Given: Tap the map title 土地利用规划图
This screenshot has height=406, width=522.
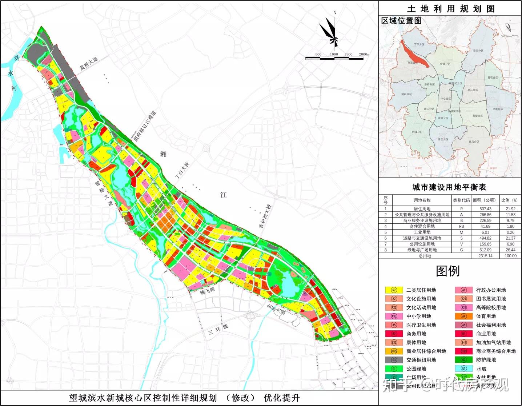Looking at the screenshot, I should coord(450,8).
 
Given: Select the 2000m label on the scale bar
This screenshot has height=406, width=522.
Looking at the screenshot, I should coord(364,54).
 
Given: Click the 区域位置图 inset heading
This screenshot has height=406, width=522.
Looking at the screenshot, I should coord(401,21).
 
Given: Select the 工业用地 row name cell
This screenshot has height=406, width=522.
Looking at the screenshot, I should coord(422,232).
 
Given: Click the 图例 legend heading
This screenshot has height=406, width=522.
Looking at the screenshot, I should coord(448,271).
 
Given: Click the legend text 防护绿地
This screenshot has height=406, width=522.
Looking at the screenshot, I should coord(486,360).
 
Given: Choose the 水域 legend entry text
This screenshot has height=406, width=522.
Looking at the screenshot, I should coord(481,369).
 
